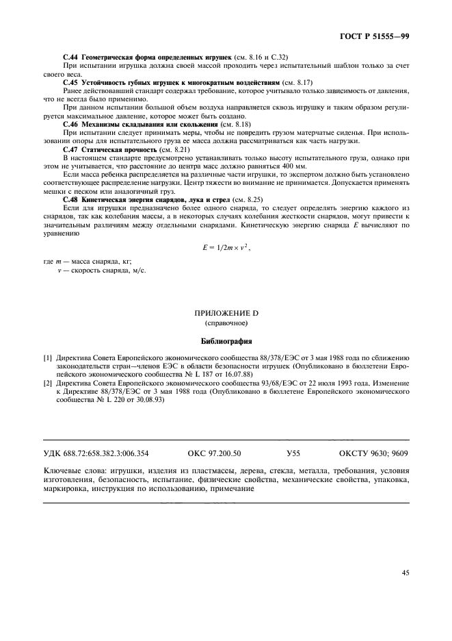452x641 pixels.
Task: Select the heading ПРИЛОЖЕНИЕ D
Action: coord(226,313)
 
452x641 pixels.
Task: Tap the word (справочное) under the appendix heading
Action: coord(226,323)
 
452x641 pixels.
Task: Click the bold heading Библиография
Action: coord(226,340)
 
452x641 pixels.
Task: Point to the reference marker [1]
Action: coord(48,358)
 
